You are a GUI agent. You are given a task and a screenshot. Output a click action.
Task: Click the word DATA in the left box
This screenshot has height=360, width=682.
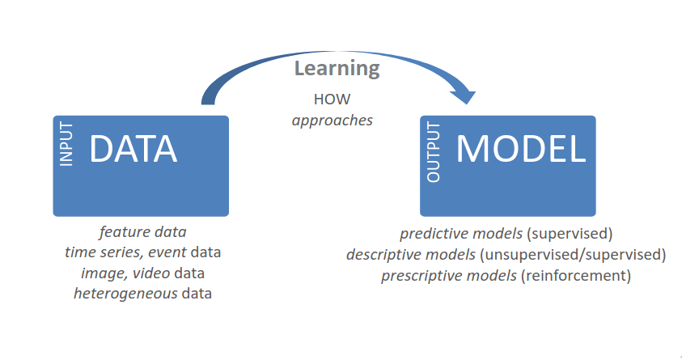pos(133,150)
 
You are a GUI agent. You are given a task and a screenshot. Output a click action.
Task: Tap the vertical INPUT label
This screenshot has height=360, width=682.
pos(67,146)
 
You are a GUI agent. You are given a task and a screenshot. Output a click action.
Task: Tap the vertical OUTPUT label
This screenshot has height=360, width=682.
pos(434,152)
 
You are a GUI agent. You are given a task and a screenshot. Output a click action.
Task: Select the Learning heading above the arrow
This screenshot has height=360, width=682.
pos(337,68)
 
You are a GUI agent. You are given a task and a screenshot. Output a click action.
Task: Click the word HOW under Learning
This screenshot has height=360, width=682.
pos(331,100)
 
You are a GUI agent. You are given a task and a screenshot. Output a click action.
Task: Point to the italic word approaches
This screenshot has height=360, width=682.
pos(333,120)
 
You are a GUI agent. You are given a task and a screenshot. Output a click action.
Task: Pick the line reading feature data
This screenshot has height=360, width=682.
pos(142,232)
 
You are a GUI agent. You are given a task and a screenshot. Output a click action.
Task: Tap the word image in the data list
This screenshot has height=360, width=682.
pos(101,273)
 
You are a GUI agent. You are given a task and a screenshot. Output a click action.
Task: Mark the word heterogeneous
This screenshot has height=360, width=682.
pos(125,293)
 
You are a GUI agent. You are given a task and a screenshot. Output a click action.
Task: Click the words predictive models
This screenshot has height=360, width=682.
pos(461,235)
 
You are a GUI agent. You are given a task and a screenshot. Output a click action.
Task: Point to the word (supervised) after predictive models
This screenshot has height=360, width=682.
pos(570,235)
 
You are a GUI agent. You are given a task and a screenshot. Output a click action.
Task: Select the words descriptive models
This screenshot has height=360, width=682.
pos(410,255)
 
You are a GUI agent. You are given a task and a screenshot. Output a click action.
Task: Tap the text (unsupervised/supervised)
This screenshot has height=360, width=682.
pos(573,255)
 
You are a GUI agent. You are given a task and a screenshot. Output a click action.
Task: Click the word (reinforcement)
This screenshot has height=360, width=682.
pos(575,276)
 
